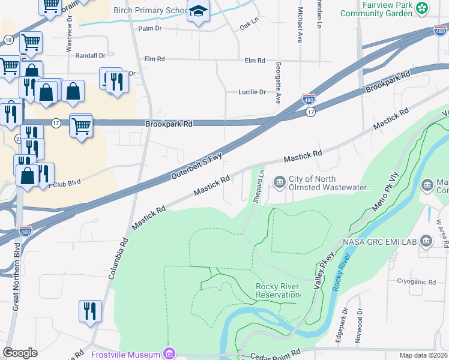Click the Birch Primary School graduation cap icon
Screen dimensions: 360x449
(197, 11)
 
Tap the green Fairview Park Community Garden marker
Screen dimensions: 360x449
(423, 8)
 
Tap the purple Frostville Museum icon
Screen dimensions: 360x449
(169, 354)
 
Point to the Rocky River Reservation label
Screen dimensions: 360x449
(277, 290)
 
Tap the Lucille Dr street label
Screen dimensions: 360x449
(252, 92)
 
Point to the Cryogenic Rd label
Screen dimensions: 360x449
(416, 281)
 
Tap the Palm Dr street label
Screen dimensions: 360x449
(151, 28)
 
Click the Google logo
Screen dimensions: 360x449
(20, 353)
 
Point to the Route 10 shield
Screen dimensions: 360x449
(8, 39)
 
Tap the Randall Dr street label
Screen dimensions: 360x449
(91, 55)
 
